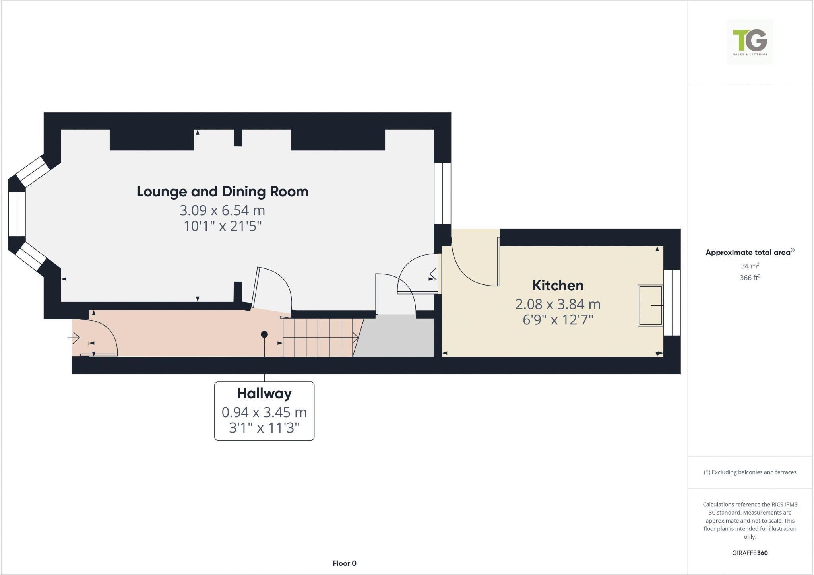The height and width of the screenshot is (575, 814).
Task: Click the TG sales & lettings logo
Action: point(750,42)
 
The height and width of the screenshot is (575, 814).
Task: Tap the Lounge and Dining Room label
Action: point(223,192)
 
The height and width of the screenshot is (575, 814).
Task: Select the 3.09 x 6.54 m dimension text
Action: point(223,210)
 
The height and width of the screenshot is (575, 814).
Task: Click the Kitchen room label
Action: point(558,286)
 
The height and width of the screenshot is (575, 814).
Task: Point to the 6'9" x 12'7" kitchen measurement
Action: point(558,320)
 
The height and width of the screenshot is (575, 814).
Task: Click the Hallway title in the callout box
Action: point(264,394)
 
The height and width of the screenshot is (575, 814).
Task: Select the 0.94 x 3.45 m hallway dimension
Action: point(264,412)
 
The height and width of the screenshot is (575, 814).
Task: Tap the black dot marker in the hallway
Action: point(264,334)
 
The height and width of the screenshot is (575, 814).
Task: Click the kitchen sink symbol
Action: point(650,305)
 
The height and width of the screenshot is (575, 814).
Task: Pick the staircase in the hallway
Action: point(318,337)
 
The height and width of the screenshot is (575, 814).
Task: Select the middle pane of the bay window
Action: point(17,214)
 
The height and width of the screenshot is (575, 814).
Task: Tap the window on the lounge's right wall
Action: point(442,193)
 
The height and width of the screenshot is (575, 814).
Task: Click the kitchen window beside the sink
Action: point(672,302)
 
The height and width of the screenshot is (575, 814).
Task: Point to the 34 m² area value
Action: point(750,266)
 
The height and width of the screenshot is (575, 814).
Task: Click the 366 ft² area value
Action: point(750,278)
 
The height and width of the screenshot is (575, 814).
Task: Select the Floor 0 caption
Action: point(344,563)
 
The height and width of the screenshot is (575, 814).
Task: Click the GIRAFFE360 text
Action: point(750,553)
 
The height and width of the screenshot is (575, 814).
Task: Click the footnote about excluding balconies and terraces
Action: point(750,472)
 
